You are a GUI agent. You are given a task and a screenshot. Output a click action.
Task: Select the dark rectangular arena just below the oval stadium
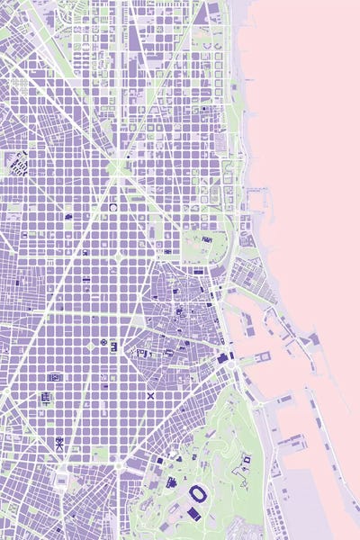(193, 513)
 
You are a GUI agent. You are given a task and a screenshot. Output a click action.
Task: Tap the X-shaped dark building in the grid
(150, 396)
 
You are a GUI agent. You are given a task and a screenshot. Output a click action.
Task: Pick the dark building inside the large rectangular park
(206, 240)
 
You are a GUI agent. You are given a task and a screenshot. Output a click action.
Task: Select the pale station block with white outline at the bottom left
(62, 480)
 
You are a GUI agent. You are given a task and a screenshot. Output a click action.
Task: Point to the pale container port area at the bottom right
(306, 504)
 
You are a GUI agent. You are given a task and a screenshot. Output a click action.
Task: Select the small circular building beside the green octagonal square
(104, 343)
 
